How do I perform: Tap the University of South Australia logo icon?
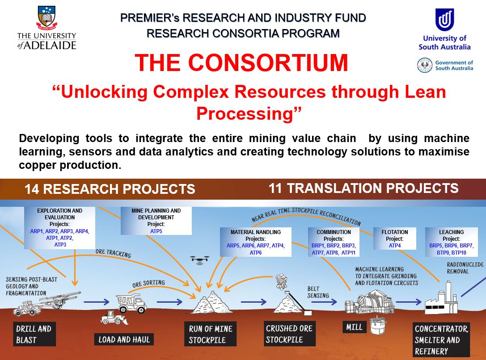coord(444,20)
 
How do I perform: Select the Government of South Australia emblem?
coord(425,66)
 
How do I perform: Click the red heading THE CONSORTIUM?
coord(241,63)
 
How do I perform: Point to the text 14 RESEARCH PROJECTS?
coord(110,189)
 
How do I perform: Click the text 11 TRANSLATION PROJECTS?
coord(363,188)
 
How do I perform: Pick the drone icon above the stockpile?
coord(199,260)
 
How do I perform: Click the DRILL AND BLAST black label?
coord(34,334)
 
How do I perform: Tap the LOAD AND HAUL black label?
coord(124,339)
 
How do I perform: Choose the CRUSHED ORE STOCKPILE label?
coord(289,334)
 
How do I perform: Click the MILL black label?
coord(354,327)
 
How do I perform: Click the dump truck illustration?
coord(131,303)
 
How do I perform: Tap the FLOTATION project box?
coord(394,239)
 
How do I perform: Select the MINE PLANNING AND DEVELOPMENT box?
coord(156,221)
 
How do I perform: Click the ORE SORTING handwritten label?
coord(148,284)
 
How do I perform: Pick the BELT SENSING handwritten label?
coord(318,292)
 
